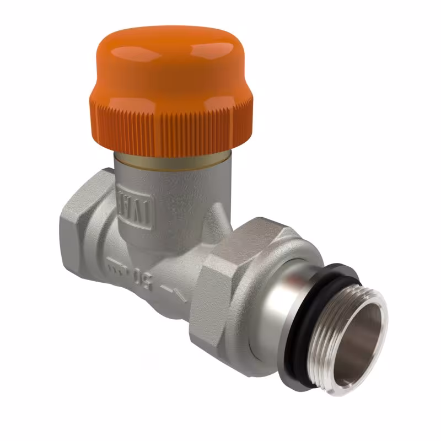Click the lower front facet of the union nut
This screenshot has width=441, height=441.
point(220,325)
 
